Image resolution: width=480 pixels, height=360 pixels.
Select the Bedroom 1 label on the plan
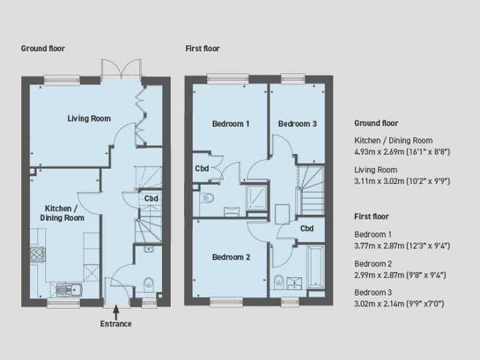coord(231,124)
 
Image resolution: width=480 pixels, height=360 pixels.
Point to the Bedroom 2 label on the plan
coord(231,257)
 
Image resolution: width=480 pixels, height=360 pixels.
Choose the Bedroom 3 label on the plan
coord(297,124)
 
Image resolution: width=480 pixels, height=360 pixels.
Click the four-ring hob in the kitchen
coord(38,255)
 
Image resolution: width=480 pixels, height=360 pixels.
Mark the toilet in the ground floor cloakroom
coord(149,282)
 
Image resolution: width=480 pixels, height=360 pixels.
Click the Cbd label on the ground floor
coord(151,198)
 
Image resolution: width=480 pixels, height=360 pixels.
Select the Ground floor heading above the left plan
coord(43,48)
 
